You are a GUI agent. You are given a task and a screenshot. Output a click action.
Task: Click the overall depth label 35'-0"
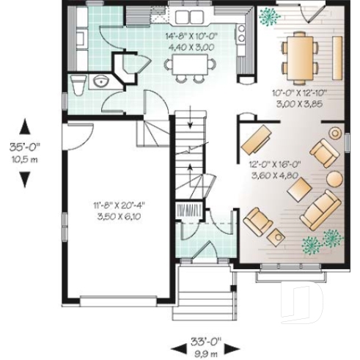tap(23, 146)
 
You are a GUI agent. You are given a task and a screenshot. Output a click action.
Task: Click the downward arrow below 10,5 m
tap(24, 179)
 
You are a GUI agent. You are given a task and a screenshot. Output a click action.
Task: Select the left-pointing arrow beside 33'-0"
tap(177, 345)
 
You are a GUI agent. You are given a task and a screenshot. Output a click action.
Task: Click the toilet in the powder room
tap(77, 82)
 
